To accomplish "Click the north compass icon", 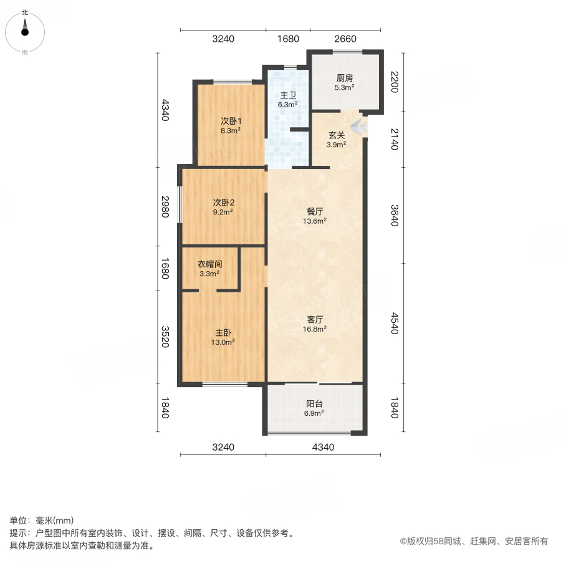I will click(25, 29).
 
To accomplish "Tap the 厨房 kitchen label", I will click(345, 79).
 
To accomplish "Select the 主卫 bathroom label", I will click(287, 95).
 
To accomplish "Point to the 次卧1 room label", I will click(231, 121).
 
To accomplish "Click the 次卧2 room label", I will click(223, 202).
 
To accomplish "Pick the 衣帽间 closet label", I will click(210, 264).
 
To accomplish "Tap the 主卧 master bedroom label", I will click(223, 332).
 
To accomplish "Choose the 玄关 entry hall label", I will click(337, 135).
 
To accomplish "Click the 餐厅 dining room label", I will click(314, 211).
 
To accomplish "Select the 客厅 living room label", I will click(314, 319).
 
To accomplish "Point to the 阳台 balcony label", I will click(314, 403).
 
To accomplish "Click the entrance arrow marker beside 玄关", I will click(358, 127).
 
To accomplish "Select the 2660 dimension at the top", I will click(345, 39).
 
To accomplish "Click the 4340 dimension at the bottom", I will click(323, 446).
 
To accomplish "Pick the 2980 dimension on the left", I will click(165, 206).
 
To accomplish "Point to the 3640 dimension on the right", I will click(393, 215).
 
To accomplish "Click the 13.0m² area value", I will click(223, 342).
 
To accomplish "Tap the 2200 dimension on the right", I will click(393, 82).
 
